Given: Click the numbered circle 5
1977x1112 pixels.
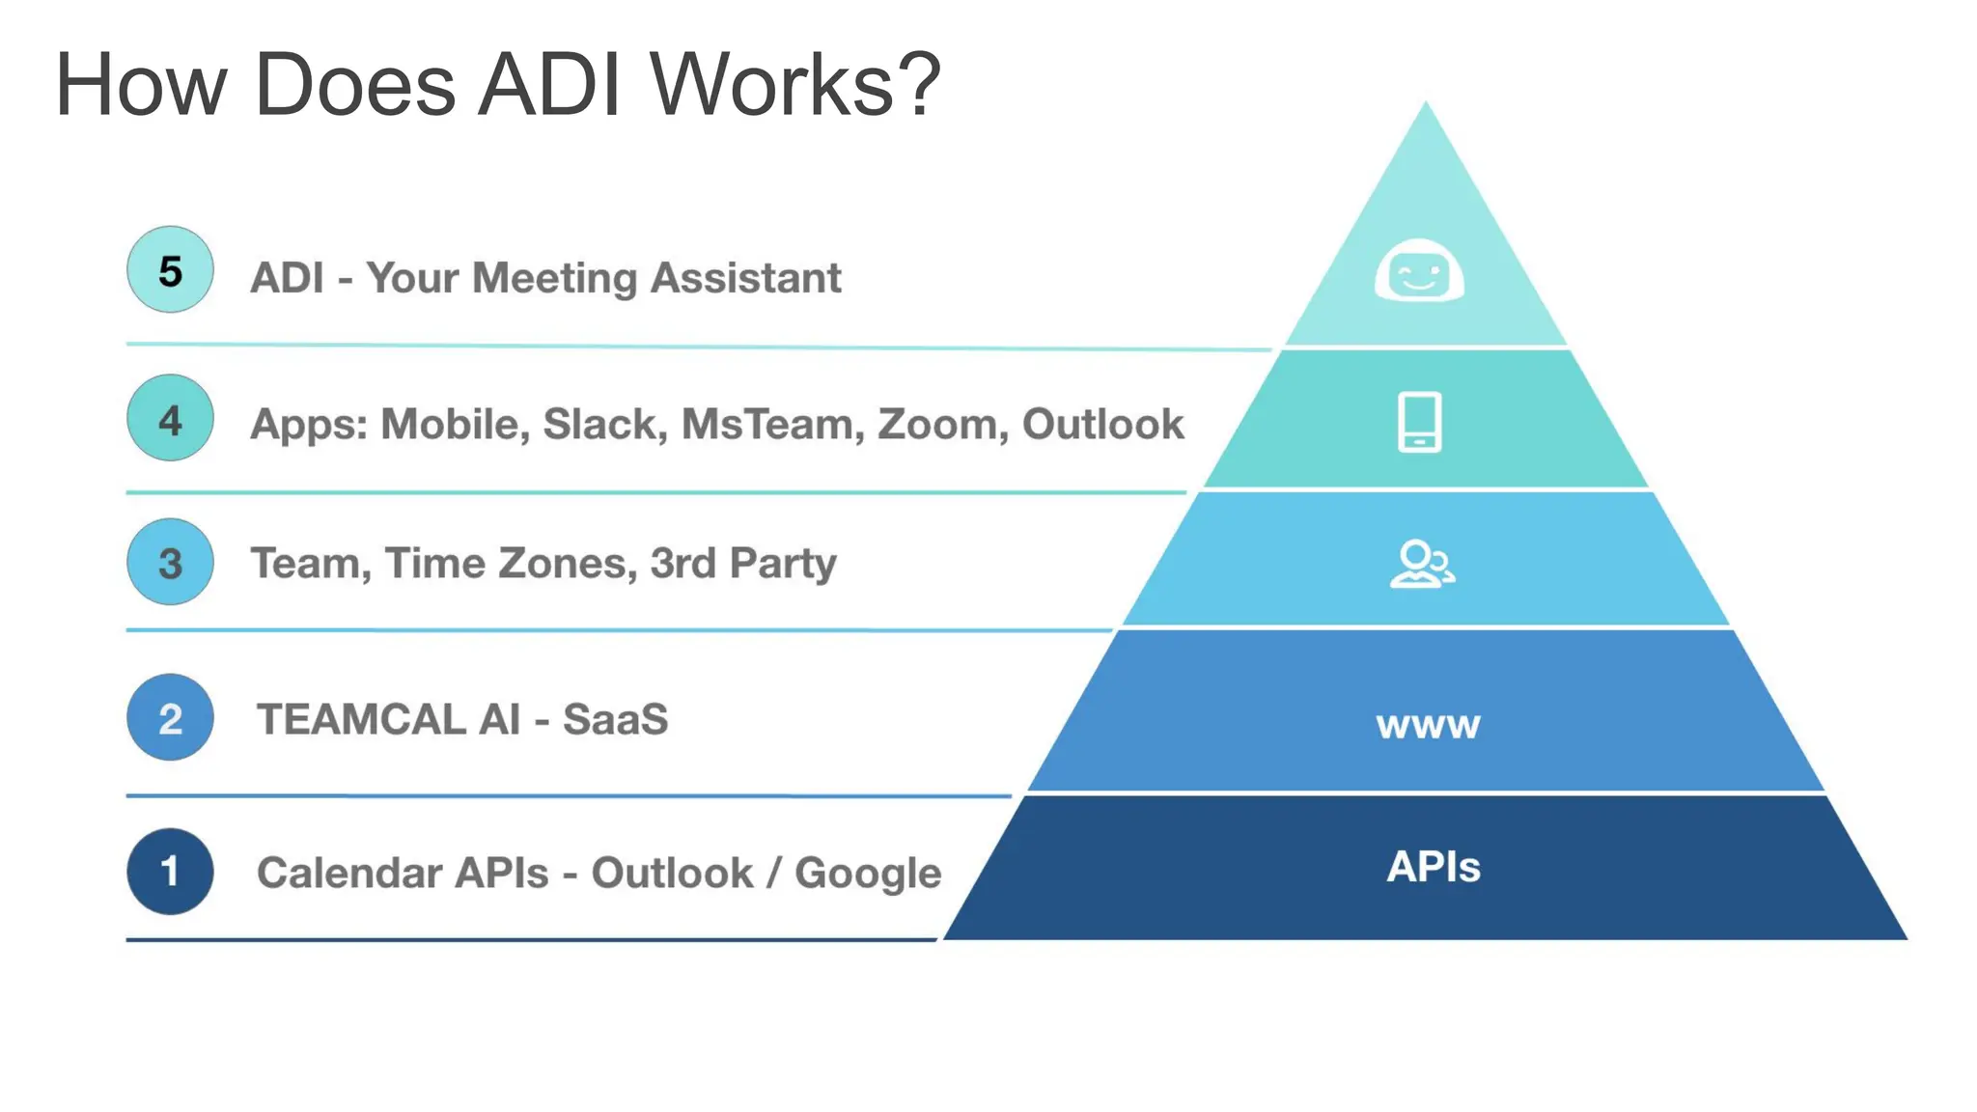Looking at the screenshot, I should click(x=170, y=270).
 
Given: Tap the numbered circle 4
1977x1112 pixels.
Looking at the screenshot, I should click(x=170, y=418).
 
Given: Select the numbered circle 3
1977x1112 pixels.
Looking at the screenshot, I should click(x=170, y=562).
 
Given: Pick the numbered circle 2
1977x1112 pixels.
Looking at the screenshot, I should click(x=170, y=717).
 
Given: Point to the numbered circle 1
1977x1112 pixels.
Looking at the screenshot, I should click(x=170, y=872).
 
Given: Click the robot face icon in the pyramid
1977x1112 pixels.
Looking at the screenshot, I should click(x=1419, y=270).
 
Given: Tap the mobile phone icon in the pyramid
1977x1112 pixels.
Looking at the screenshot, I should click(x=1419, y=422).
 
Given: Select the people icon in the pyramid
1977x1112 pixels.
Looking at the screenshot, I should click(x=1422, y=564).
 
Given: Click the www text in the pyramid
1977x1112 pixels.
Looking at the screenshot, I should click(x=1428, y=724).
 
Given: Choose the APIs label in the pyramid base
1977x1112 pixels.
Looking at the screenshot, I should click(x=1434, y=867).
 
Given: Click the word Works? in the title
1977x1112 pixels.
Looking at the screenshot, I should click(x=794, y=85).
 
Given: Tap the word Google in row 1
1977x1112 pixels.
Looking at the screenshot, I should click(x=868, y=874).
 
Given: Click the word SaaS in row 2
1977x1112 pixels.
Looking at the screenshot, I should click(x=616, y=719).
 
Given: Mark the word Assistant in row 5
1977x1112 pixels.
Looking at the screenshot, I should click(x=745, y=278).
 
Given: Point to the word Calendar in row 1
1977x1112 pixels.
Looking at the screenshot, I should click(x=349, y=873).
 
